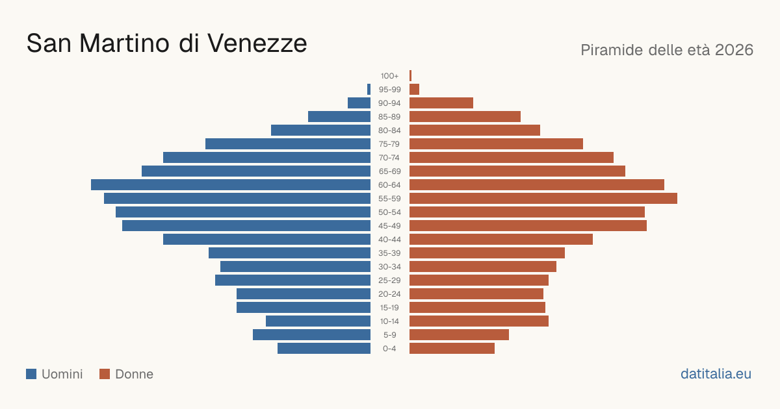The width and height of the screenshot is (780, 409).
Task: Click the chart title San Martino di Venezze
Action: [x=167, y=43]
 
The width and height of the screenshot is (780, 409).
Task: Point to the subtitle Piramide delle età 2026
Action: [x=667, y=50]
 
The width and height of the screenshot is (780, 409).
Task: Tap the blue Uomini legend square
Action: [x=31, y=374]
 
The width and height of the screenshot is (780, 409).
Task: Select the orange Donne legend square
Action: [x=105, y=374]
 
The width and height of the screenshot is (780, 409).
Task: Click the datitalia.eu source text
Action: [x=716, y=374]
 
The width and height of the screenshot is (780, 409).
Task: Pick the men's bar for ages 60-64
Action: [x=231, y=184]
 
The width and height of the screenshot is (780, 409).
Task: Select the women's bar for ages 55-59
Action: [x=543, y=198]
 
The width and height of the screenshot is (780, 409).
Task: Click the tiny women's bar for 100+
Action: [x=411, y=75]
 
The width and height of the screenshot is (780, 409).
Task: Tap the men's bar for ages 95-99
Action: [x=369, y=89]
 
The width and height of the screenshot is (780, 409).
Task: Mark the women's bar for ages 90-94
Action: [x=441, y=103]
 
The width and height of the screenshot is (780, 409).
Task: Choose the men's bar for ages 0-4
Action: [x=324, y=348]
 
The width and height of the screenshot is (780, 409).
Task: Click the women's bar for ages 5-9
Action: [x=459, y=334]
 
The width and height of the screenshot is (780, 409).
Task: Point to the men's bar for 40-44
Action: [x=266, y=240]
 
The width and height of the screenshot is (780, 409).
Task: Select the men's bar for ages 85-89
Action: [x=339, y=116]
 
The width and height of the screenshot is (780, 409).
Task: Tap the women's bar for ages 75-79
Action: [x=496, y=143]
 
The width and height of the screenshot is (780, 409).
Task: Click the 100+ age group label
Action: [x=389, y=76]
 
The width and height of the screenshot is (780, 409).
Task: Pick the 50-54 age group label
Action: [x=389, y=212]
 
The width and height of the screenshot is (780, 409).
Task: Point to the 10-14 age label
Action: [x=389, y=321]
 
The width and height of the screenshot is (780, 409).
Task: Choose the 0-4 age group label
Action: [x=389, y=349]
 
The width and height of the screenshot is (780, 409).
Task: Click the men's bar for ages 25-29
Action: [x=293, y=280]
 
